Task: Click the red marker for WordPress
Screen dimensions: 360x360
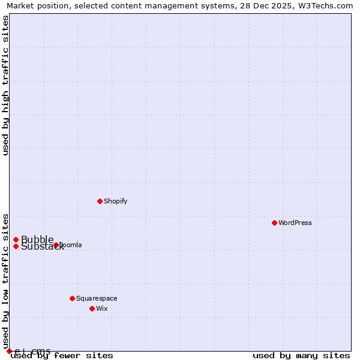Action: pos(274,223)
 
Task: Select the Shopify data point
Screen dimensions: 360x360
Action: pos(100,201)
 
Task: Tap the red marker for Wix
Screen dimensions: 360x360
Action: pos(92,308)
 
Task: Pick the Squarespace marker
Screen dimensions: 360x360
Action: pos(72,298)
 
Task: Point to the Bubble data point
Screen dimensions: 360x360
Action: pos(16,239)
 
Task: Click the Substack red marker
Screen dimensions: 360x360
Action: pos(16,246)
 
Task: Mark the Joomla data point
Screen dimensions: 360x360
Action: pos(56,245)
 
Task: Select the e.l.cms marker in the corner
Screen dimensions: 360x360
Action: pos(9,351)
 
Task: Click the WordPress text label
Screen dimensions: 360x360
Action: pos(295,223)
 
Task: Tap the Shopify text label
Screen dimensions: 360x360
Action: pos(116,201)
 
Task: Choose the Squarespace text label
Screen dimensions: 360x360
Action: pos(97,298)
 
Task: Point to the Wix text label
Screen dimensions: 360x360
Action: pos(101,308)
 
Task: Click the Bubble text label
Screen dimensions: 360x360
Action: pos(37,239)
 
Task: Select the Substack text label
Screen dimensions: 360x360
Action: pos(42,247)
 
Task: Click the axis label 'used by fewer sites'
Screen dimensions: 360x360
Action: pos(62,355)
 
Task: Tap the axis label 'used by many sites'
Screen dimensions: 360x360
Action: pos(301,355)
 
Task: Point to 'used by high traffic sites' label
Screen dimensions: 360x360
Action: pos(5,85)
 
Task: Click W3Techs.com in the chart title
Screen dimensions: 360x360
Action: pos(326,6)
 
